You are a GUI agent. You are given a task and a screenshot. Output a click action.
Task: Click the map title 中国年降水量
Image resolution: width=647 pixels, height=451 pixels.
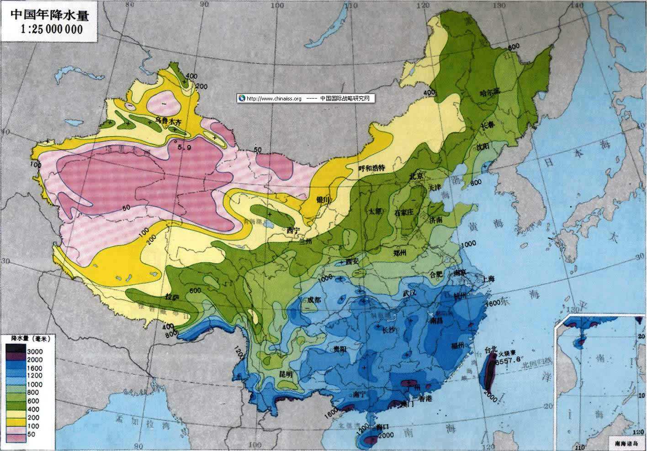tap(48, 15)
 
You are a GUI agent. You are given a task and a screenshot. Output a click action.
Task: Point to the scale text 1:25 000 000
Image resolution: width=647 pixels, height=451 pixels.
tap(51, 30)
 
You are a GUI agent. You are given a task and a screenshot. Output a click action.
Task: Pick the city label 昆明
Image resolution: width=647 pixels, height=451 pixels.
tap(286, 373)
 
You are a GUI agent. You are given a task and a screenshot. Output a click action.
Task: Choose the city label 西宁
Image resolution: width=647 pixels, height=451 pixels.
tap(292, 230)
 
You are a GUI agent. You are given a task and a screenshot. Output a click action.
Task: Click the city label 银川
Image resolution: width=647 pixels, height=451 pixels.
tap(323, 199)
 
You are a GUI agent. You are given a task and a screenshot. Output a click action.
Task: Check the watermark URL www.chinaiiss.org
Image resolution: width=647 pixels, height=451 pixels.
tap(274, 99)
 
